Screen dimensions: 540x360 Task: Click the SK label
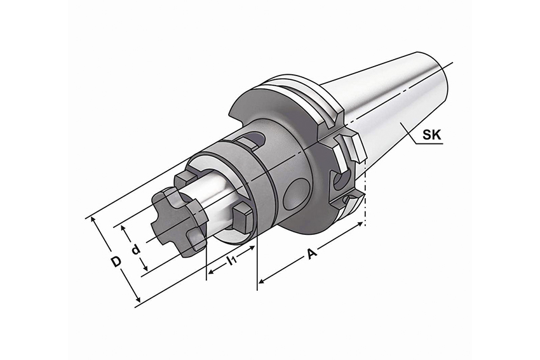[x=431, y=134]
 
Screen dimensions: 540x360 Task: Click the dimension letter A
[x=312, y=254]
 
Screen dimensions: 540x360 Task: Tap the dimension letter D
[x=116, y=262]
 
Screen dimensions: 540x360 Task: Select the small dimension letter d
[x=137, y=248]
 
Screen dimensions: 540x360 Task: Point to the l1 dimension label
[x=231, y=260]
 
